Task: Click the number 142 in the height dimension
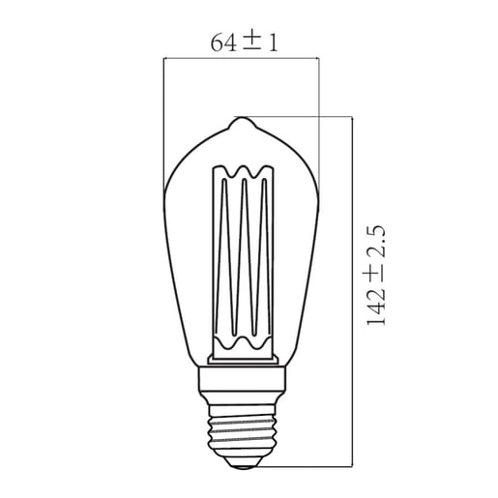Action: coord(376,307)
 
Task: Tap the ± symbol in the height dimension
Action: coord(376,275)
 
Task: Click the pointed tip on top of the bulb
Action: coord(242,123)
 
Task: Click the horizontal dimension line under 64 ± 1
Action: coord(241,59)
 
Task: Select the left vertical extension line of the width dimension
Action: coord(164,116)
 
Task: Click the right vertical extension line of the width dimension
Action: coord(318,116)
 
